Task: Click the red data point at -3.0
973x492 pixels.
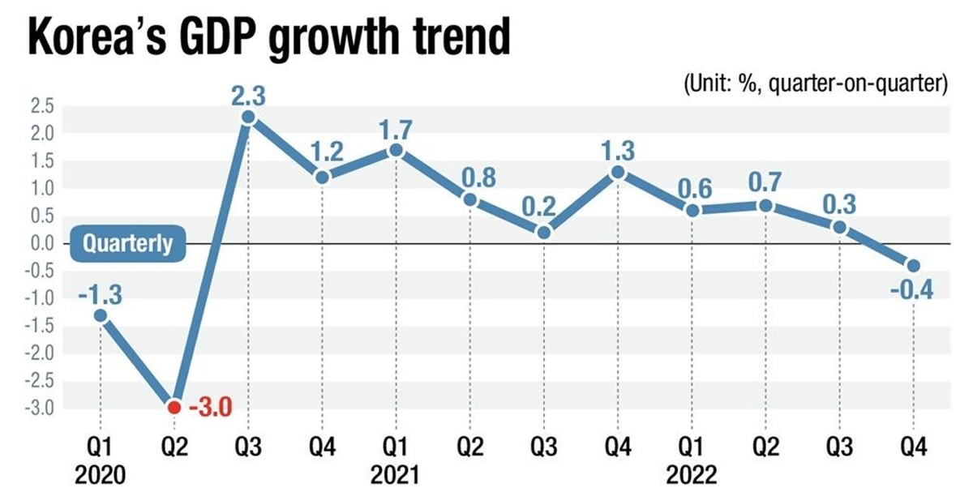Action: [174, 407]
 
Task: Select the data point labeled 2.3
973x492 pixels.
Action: [248, 117]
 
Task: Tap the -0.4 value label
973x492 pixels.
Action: [912, 289]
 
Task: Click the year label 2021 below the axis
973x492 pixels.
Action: [396, 473]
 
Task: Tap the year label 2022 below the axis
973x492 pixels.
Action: [691, 473]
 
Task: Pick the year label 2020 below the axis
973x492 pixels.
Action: [101, 473]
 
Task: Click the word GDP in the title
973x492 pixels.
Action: [218, 39]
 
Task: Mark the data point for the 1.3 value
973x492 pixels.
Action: [618, 172]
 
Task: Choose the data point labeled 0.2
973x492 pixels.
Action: [544, 233]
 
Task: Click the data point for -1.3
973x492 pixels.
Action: [101, 315]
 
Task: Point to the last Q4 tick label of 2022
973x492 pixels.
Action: [912, 447]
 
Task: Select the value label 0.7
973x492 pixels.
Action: [765, 183]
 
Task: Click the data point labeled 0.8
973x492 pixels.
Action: [470, 199]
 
